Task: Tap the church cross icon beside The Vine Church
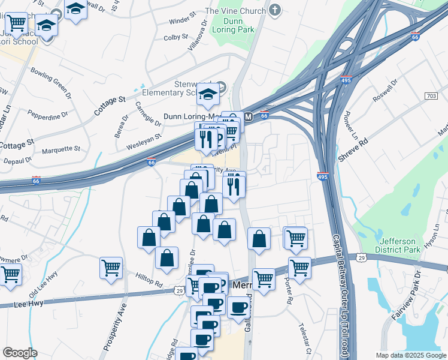(274, 10)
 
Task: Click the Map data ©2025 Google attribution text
(410, 355)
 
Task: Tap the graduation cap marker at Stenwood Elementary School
(208, 95)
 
